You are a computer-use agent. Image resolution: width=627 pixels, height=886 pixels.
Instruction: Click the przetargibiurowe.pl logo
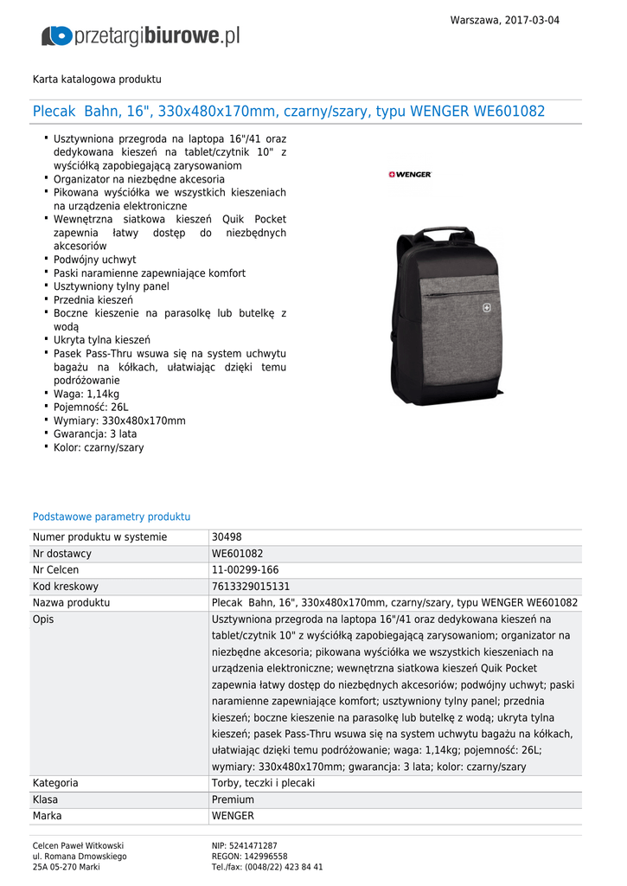tap(140, 35)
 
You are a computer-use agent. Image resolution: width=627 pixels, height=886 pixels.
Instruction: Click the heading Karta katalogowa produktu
tap(97, 80)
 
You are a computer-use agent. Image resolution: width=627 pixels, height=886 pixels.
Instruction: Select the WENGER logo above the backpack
tap(410, 175)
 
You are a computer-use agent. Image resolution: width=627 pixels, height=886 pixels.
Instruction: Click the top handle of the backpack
tap(443, 234)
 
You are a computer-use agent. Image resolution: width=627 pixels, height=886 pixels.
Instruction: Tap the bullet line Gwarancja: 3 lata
tap(95, 434)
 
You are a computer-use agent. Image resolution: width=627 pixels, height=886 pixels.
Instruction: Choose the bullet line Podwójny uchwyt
tap(94, 260)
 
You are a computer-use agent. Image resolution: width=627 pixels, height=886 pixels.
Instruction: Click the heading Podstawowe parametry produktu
tap(112, 517)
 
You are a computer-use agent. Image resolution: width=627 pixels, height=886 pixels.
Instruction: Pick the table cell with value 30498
tap(227, 537)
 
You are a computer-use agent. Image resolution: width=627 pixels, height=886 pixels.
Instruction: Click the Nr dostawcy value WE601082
tap(237, 554)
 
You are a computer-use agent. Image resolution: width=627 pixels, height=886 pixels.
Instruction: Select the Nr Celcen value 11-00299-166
tap(245, 570)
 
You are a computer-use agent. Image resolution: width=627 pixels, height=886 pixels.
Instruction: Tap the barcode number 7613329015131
tap(250, 587)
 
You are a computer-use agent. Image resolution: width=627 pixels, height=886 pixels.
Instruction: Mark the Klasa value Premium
tap(233, 799)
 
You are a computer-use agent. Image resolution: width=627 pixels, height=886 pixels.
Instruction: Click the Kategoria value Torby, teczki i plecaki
tap(263, 783)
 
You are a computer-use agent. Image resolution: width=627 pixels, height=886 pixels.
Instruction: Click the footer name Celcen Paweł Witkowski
tap(78, 845)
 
